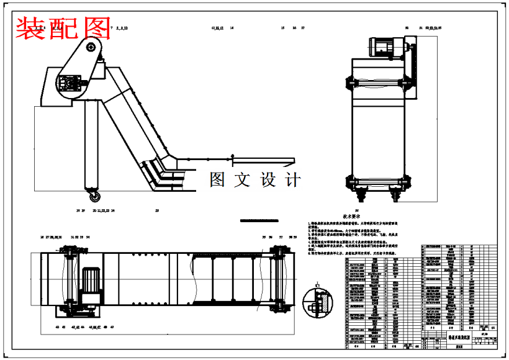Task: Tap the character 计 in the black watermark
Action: point(292,180)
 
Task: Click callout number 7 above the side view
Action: point(111,29)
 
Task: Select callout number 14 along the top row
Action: point(232,29)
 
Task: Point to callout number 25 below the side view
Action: point(157,211)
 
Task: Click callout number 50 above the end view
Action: point(407,28)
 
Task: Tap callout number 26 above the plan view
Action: point(42,237)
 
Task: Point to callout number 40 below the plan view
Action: point(58,326)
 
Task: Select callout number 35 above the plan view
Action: point(263,237)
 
